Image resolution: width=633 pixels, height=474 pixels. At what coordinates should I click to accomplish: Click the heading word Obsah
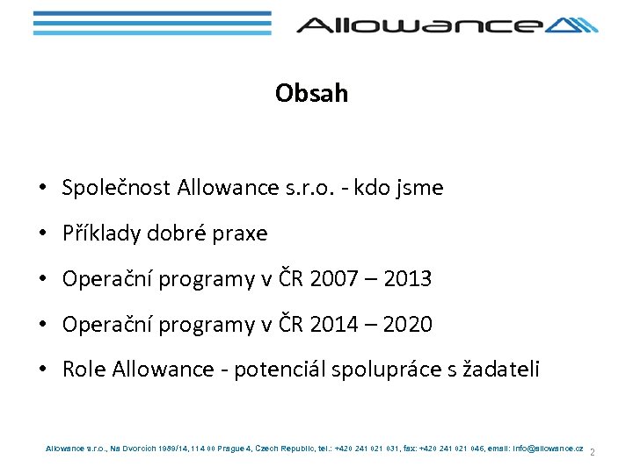pos(311,93)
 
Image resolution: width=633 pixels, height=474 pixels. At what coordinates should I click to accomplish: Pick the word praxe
pos(239,233)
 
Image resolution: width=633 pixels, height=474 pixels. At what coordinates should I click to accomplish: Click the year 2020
pos(408,325)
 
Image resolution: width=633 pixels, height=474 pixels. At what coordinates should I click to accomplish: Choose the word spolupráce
pos(383,370)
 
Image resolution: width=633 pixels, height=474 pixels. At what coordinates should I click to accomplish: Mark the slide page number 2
pos(593,453)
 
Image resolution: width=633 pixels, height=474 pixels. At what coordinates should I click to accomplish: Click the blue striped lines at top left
pos(151,23)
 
